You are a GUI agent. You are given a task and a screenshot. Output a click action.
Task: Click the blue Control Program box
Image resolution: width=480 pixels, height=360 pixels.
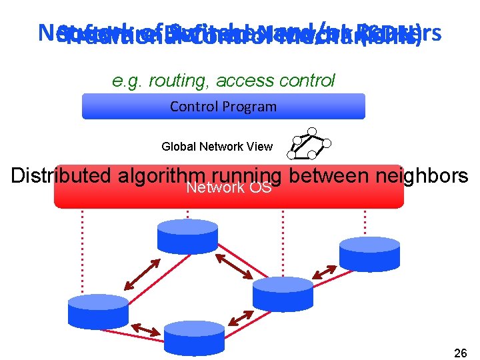[223, 107]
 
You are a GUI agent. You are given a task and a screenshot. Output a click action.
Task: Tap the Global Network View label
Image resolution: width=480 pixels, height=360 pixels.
[217, 147]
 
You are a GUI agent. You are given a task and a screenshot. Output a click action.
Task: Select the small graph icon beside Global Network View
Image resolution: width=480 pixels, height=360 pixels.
[309, 144]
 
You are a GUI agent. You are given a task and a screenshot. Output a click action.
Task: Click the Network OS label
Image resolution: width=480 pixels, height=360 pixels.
[229, 188]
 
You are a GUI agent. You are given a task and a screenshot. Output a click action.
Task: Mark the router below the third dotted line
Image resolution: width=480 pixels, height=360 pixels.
[283, 293]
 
